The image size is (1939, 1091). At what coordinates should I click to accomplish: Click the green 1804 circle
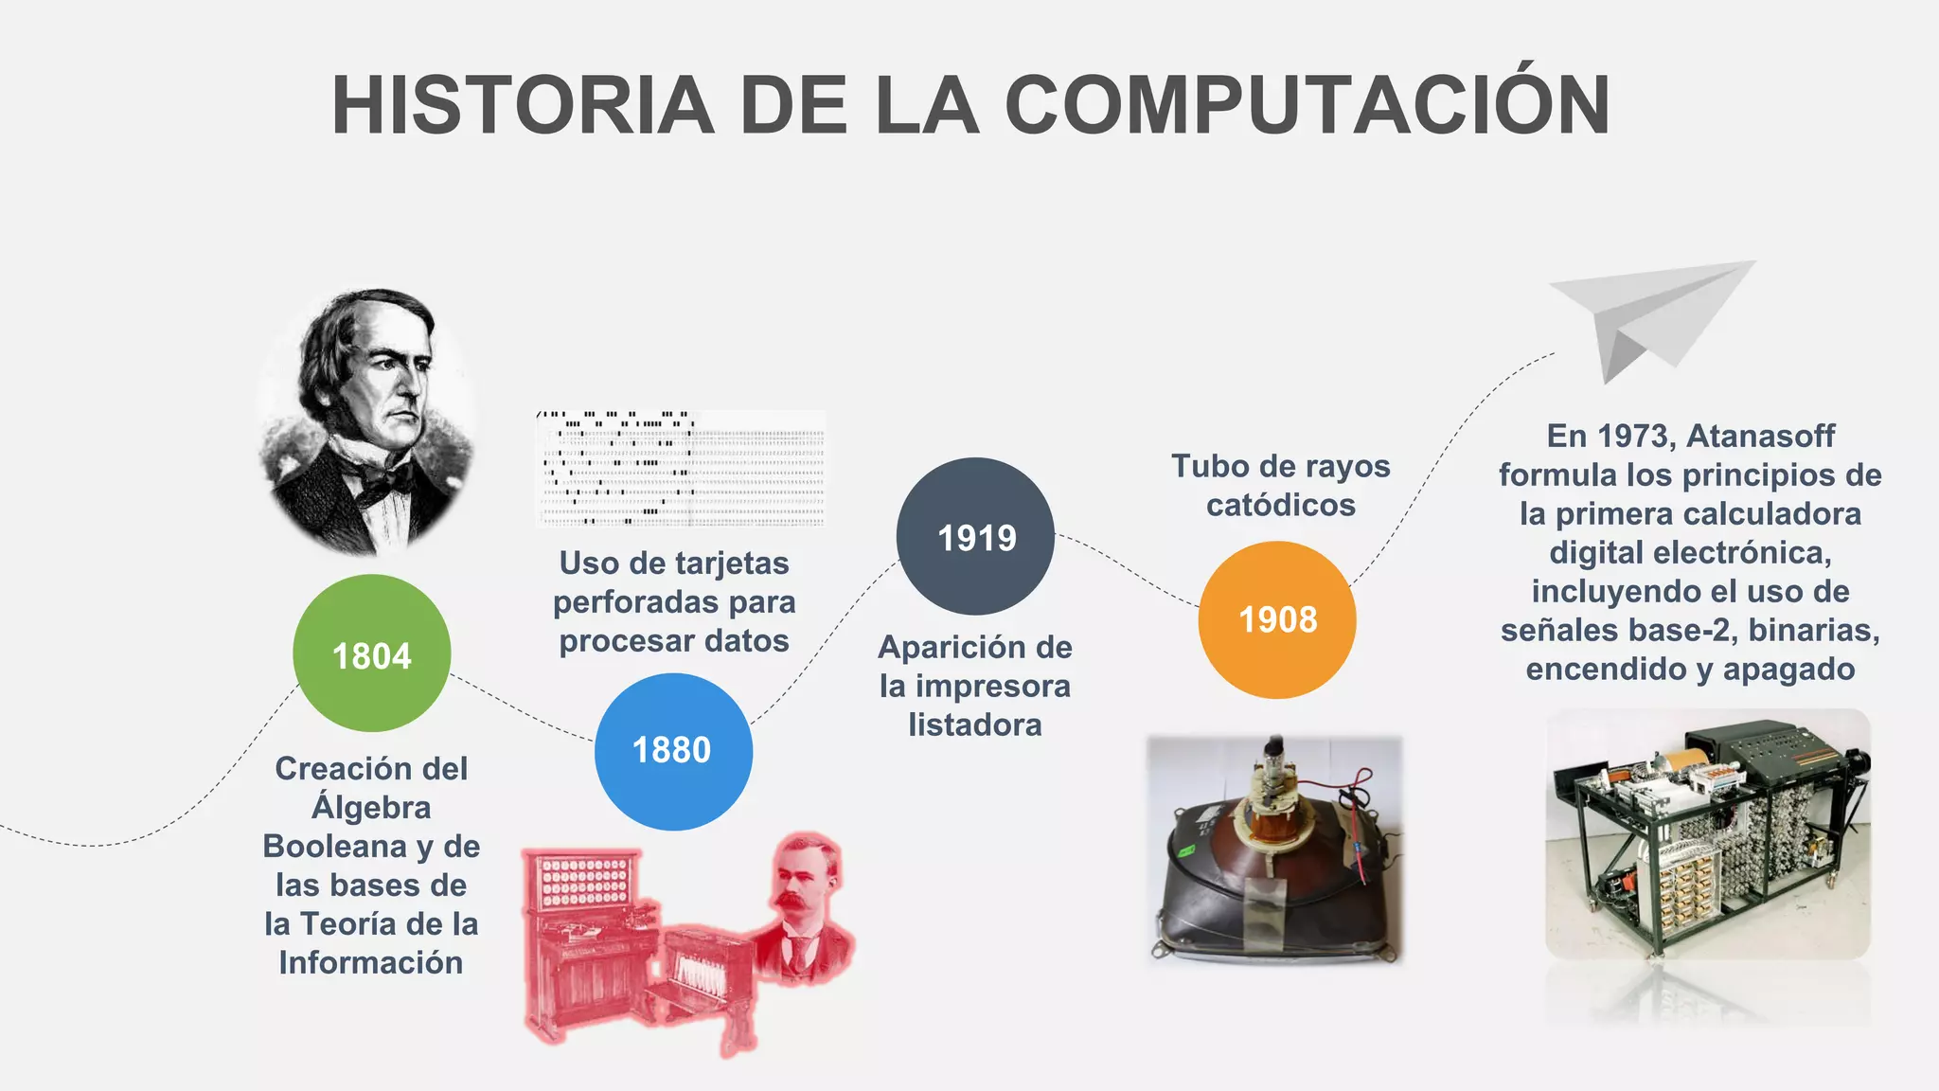click(x=371, y=653)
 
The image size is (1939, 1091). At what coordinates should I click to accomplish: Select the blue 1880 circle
click(x=673, y=751)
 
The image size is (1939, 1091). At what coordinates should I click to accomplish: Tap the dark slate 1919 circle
click(x=975, y=537)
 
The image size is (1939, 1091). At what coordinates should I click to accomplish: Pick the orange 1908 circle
click(x=1277, y=619)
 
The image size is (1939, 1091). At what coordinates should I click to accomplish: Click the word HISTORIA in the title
click(x=523, y=105)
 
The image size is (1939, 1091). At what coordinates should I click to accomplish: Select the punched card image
click(x=680, y=468)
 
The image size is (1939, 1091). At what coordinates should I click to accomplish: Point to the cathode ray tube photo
click(x=1274, y=850)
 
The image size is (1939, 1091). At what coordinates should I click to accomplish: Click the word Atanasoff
click(x=1760, y=436)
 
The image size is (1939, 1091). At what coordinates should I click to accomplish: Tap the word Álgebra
click(x=371, y=808)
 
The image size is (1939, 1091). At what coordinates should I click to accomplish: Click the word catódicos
click(x=1280, y=505)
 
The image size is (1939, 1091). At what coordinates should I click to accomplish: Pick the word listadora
click(x=975, y=725)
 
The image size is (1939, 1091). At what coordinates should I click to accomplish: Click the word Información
click(x=371, y=963)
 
